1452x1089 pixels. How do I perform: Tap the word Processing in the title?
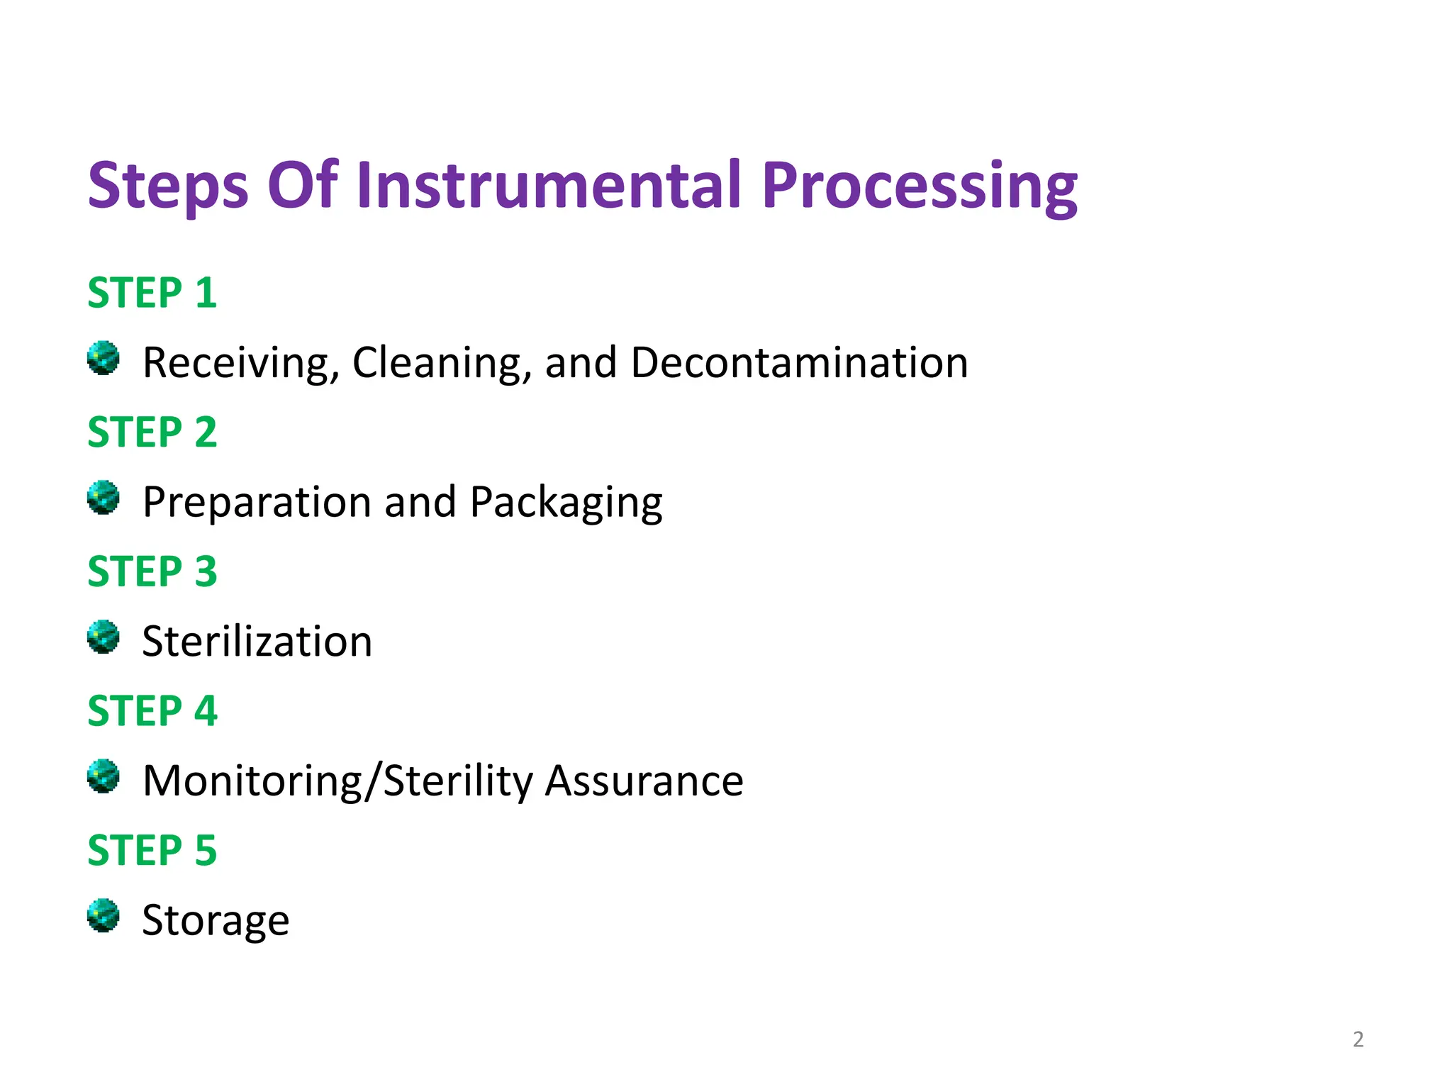920,186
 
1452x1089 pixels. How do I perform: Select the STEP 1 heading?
152,292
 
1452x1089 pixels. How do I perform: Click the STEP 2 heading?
152,432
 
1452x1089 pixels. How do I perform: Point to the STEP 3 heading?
152,571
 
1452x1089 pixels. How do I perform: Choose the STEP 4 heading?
152,710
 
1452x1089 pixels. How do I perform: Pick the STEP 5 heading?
152,849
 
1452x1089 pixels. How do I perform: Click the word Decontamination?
799,363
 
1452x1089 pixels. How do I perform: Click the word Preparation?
257,503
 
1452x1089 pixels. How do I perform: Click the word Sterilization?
257,642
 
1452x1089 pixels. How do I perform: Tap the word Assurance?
644,781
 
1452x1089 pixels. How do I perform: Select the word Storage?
216,921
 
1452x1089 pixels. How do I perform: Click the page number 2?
1358,1039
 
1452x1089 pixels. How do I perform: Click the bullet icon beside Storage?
104,915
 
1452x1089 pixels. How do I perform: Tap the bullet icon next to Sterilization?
104,637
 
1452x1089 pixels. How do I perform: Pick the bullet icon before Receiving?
104,358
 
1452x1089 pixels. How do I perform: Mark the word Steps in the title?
168,186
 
